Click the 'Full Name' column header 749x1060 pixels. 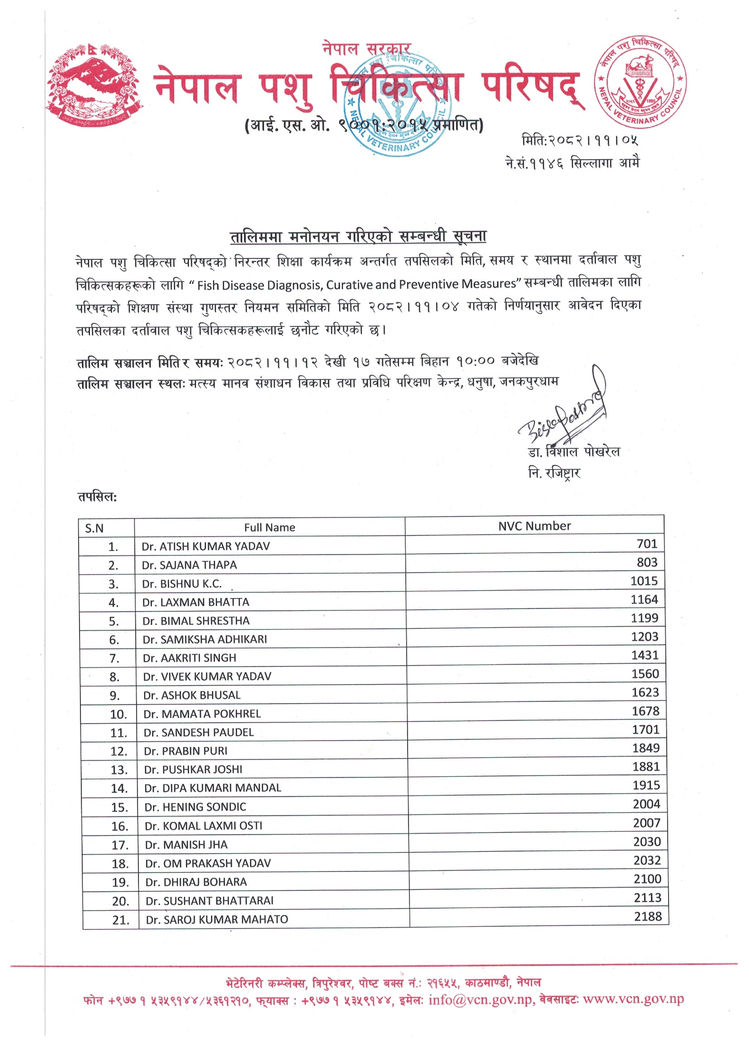(x=270, y=527)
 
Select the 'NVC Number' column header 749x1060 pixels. (x=534, y=526)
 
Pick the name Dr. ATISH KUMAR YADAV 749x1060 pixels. (x=205, y=546)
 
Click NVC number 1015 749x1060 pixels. (x=644, y=581)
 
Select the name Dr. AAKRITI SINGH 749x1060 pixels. (x=189, y=658)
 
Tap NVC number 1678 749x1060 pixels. (x=645, y=711)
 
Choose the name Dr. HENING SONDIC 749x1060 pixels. (x=195, y=807)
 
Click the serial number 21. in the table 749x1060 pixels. (x=121, y=920)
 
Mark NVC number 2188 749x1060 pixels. (x=648, y=916)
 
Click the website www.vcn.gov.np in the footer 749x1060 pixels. (x=633, y=999)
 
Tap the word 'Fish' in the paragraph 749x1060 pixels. (x=208, y=286)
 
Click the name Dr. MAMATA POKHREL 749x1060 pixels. (x=202, y=714)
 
